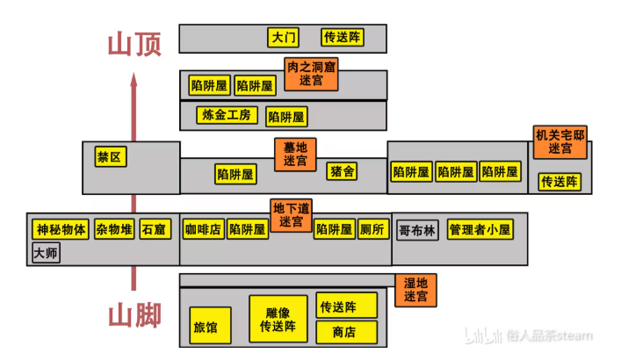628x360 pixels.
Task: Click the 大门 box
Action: click(284, 38)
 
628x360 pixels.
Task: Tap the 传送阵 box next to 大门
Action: click(342, 38)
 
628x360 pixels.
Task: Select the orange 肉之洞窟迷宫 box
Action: click(311, 73)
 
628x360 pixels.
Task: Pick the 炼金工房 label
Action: click(227, 115)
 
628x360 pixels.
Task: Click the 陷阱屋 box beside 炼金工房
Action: click(286, 116)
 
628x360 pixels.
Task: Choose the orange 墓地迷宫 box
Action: click(295, 154)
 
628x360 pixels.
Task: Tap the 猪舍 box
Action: click(343, 172)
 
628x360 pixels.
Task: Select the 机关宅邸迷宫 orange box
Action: click(559, 142)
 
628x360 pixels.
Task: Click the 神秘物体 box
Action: click(61, 230)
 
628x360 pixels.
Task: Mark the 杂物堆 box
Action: click(114, 230)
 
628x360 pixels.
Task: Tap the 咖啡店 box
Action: click(202, 230)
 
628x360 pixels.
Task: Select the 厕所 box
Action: click(372, 230)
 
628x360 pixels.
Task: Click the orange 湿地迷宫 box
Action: click(415, 291)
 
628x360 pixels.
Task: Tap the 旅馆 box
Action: click(205, 328)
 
